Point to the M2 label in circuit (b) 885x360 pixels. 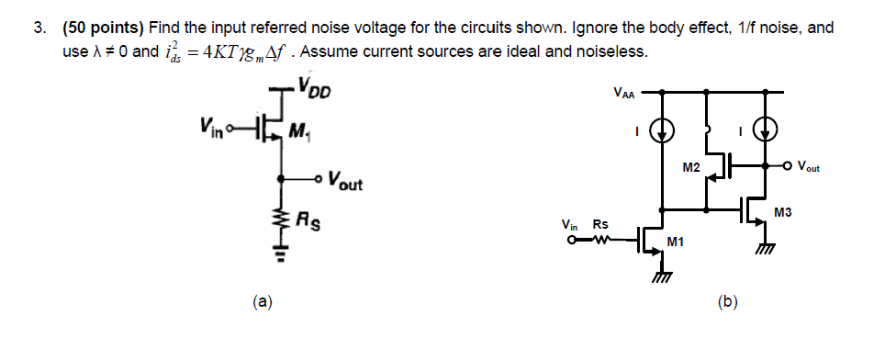point(691,167)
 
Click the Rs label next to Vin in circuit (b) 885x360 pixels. point(599,225)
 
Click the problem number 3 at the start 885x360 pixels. point(39,28)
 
